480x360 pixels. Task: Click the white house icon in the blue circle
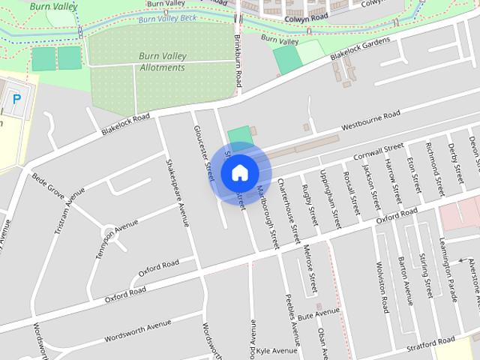239,172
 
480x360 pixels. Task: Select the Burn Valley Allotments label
161,61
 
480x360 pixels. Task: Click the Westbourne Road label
370,121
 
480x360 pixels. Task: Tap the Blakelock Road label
125,124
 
